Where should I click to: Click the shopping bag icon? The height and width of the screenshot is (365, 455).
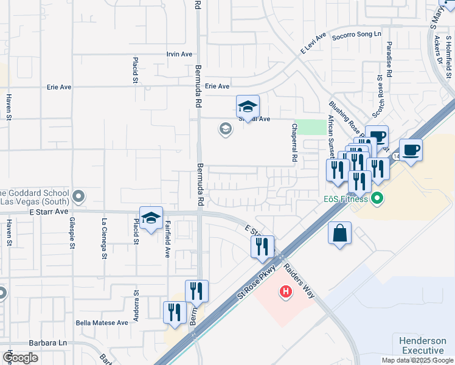339,234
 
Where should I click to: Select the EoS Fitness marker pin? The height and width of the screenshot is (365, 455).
377,198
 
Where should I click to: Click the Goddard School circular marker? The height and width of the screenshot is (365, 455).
78,196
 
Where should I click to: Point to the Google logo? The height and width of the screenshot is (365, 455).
20,357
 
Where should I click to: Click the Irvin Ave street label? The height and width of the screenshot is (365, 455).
179,54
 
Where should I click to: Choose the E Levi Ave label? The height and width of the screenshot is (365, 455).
313,43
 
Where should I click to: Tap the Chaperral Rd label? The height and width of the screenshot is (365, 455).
294,142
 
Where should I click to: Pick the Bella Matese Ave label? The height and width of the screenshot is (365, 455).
102,322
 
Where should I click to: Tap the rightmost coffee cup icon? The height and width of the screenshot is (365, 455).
411,150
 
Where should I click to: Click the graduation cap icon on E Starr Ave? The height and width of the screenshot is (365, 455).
151,218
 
